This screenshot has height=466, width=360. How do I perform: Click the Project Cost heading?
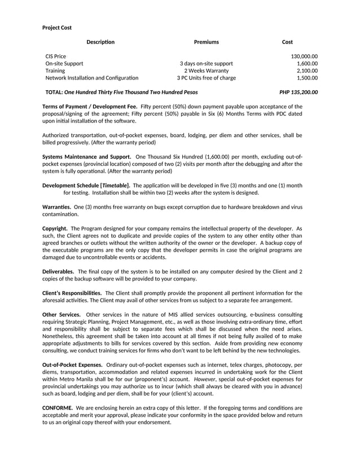(57, 27)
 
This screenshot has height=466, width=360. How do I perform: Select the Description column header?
(100, 42)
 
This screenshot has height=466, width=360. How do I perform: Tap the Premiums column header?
(206, 42)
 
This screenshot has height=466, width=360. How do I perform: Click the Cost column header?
(287, 42)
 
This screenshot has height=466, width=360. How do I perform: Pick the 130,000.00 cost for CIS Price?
(304, 56)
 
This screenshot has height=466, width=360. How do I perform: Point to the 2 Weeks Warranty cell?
(206, 71)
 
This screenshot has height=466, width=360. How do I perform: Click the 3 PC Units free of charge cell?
(206, 78)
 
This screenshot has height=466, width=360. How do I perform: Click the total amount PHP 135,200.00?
(298, 91)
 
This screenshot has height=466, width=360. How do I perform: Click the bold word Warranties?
(56, 207)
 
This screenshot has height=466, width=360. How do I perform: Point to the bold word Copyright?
(55, 228)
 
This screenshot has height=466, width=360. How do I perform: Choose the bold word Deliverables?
(58, 271)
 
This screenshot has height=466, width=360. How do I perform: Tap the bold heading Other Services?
(62, 314)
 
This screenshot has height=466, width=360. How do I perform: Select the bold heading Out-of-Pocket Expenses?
(72, 365)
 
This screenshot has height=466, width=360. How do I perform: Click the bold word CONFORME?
(58, 407)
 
